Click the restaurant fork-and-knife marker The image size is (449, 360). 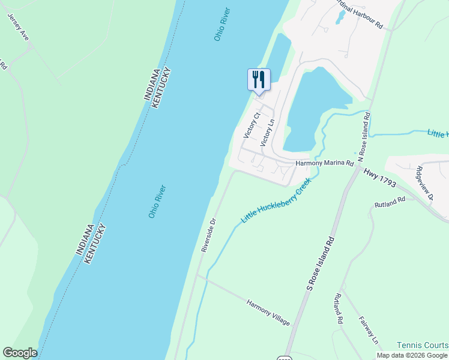tap(259, 79)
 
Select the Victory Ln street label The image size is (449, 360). tap(267, 133)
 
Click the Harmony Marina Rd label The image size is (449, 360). tap(325, 163)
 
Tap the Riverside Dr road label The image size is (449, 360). tap(208, 235)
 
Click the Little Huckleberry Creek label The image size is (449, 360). tap(276, 201)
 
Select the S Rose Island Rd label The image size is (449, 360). tap(319, 262)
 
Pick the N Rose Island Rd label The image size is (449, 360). tap(364, 136)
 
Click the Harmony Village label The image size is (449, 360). tap(268, 312)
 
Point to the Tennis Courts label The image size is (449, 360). tap(422, 345)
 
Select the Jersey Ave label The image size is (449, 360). tap(19, 26)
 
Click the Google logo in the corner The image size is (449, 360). tap(20, 353)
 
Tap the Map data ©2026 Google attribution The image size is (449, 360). tap(412, 355)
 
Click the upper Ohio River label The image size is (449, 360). tap(221, 25)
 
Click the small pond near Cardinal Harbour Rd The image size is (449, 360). tap(340, 17)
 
